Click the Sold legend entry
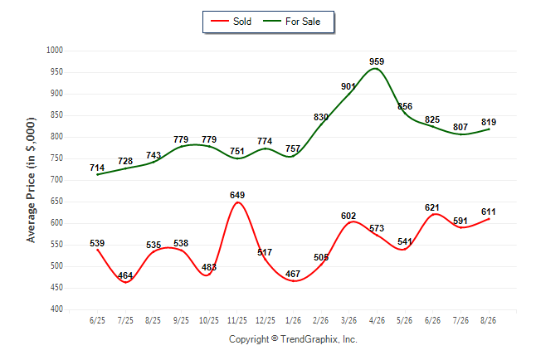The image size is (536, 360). (x=231, y=22)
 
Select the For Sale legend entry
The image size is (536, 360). (x=292, y=22)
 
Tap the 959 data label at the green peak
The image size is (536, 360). (x=377, y=61)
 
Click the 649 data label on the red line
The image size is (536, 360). (x=237, y=195)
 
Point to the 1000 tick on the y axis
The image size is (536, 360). (x=55, y=51)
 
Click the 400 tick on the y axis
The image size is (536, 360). (x=56, y=309)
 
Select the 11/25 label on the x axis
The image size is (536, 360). (x=237, y=320)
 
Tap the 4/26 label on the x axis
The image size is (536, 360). (x=377, y=320)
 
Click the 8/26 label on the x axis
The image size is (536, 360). (x=488, y=320)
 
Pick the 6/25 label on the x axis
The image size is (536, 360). (x=97, y=320)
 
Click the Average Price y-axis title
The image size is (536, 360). (x=31, y=180)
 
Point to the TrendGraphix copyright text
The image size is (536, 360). (x=293, y=339)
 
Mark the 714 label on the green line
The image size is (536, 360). (x=97, y=168)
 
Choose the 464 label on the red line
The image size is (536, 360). (x=125, y=275)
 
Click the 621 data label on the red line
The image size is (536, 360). (x=432, y=207)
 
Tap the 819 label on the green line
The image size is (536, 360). (x=489, y=122)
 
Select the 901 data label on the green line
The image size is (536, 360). (x=348, y=87)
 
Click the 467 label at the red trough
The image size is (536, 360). (x=293, y=274)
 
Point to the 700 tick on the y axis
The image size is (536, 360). (x=56, y=180)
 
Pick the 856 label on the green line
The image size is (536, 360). (x=405, y=106)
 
